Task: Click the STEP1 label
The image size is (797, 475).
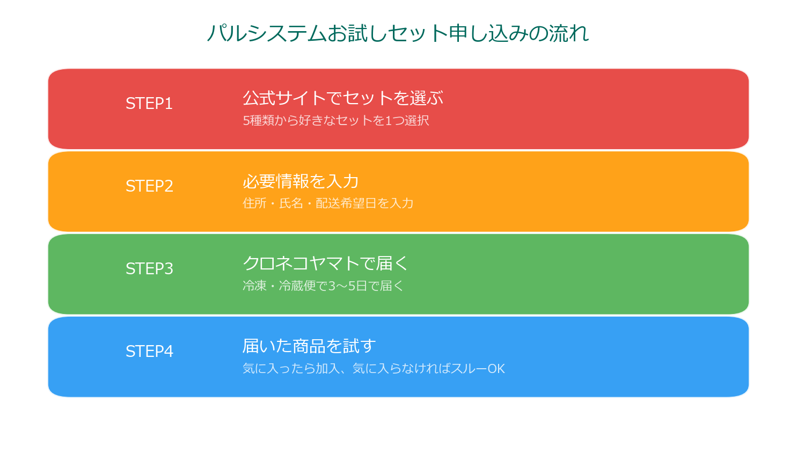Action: point(149,104)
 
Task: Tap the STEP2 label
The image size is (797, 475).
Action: point(149,186)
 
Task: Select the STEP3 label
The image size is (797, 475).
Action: point(149,269)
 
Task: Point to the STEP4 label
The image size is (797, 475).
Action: point(149,352)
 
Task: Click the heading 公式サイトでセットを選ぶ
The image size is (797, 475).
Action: point(343,98)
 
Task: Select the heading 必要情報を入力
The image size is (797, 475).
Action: point(301,181)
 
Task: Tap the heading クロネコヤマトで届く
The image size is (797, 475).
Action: point(325,264)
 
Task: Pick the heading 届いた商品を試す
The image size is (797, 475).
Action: point(309,346)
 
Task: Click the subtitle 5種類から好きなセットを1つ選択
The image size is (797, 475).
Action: point(335,121)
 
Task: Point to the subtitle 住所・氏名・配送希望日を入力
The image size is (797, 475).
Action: point(328,203)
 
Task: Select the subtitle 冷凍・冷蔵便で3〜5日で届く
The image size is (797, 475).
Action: point(323,286)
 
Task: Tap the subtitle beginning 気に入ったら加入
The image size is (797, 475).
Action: point(374,369)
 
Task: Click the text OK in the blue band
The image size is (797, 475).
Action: point(496,369)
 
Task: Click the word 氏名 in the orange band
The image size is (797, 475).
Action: point(291,203)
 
